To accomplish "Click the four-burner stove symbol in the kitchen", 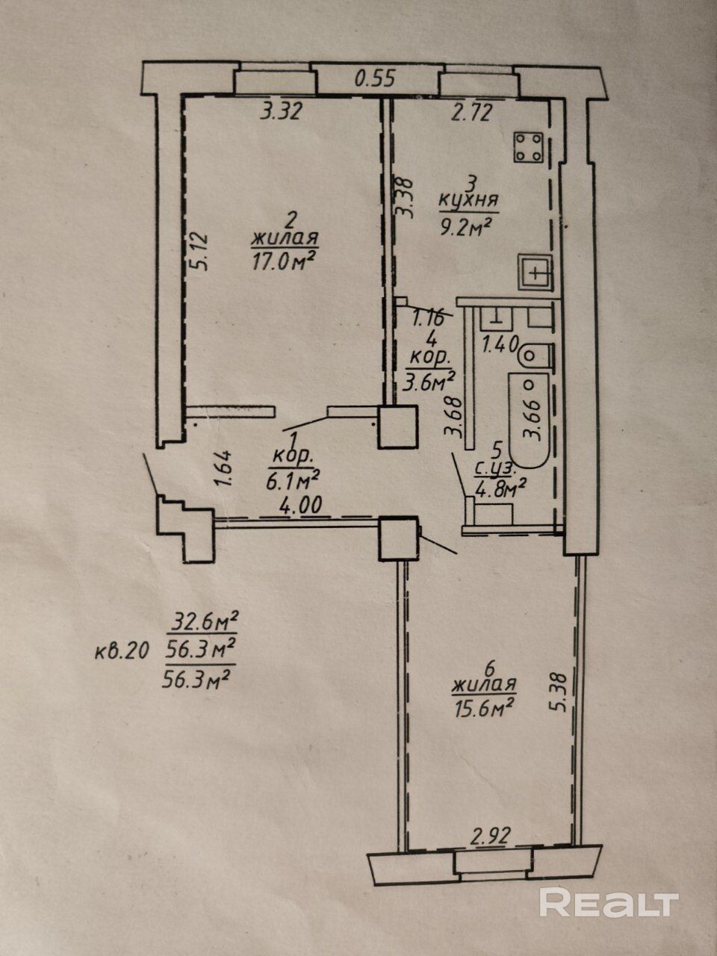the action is tap(530, 147).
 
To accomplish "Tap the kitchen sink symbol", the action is tap(535, 272).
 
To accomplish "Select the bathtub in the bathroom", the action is tap(529, 420).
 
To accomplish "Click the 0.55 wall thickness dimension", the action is tap(375, 79).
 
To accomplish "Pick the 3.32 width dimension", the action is tap(281, 112).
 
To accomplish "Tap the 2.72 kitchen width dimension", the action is tap(471, 112).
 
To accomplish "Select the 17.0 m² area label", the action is tap(283, 261).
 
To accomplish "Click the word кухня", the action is tap(468, 201).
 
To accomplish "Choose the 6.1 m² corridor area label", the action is tap(293, 481).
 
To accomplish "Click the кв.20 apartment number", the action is tap(122, 653).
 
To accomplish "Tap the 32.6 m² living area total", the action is tap(204, 624).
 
